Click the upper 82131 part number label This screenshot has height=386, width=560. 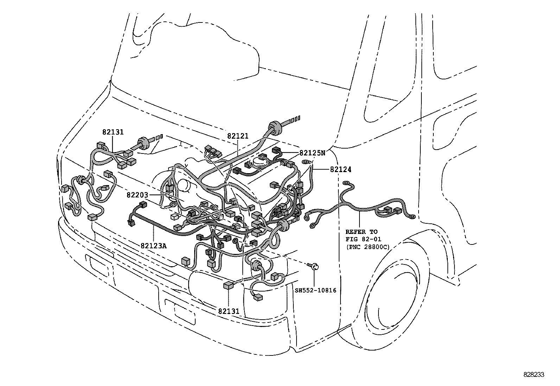click(113, 132)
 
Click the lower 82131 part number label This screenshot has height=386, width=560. click(228, 311)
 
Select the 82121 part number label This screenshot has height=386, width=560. click(237, 136)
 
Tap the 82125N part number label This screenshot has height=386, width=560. click(312, 153)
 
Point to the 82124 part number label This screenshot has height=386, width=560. click(341, 170)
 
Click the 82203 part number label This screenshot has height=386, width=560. click(138, 195)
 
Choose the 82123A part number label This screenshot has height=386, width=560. click(153, 246)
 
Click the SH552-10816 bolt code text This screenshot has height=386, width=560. click(316, 290)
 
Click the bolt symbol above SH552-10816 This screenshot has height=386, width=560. click(315, 267)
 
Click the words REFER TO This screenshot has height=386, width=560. click(361, 232)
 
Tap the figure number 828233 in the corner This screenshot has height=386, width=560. click(533, 375)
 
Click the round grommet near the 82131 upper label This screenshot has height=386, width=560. click(144, 143)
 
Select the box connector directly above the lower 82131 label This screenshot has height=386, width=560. click(228, 285)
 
